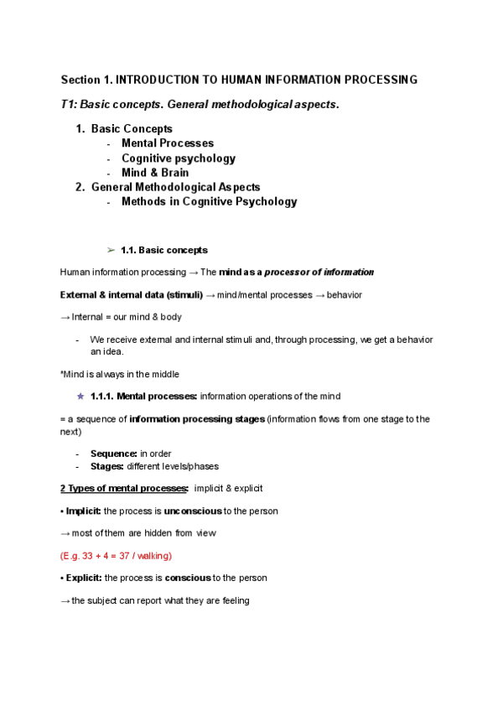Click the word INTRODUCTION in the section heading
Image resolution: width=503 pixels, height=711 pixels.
coord(155,80)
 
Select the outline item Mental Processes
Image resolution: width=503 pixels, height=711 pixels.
coord(168,143)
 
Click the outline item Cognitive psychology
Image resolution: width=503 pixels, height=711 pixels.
coord(179,158)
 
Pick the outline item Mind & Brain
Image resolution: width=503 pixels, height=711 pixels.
coord(155,173)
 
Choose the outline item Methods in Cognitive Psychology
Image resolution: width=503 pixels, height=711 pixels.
coord(209,201)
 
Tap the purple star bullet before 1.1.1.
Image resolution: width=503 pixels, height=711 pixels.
coord(80,396)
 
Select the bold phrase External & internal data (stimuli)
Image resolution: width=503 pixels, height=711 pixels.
coord(132,295)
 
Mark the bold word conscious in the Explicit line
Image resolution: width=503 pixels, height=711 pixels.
coord(188,579)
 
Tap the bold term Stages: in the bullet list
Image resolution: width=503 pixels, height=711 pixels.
coord(107,466)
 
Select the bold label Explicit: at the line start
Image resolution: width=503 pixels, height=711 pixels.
coord(83,579)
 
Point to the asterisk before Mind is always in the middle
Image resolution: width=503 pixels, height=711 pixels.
coord(62,374)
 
